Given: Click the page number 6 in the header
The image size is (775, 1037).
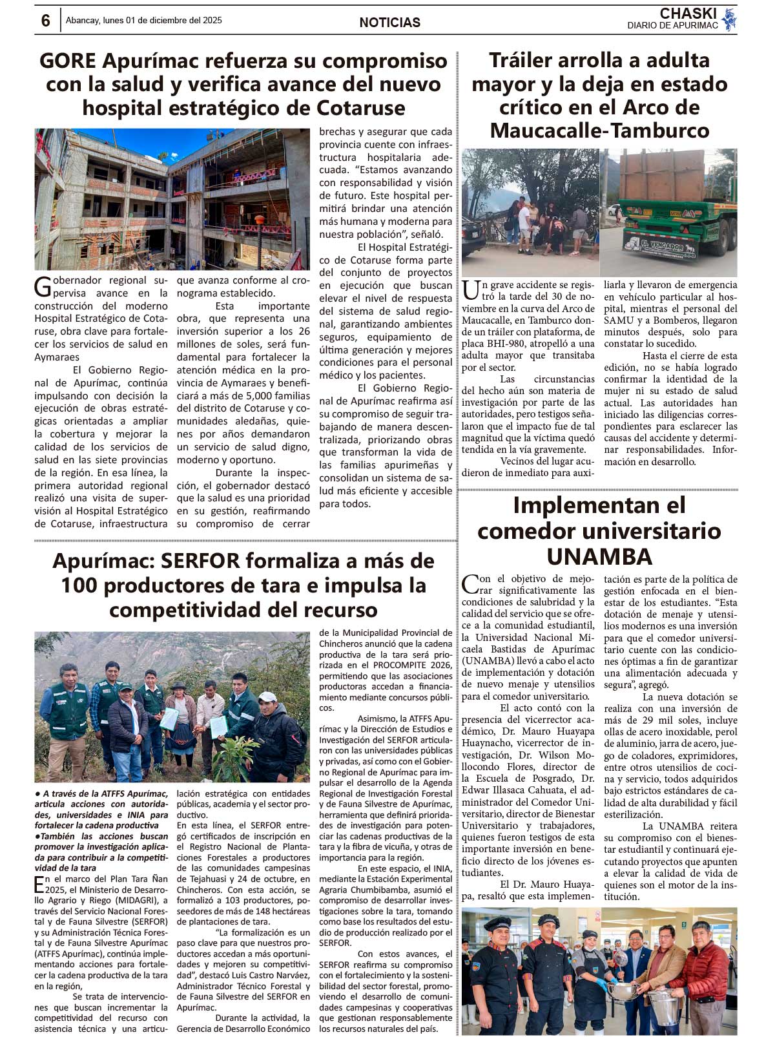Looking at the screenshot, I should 45,21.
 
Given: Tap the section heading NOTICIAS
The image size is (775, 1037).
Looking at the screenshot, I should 389,23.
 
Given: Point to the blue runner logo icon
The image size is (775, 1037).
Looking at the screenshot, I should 729,20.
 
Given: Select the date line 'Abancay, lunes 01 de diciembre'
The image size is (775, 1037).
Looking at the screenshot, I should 143,21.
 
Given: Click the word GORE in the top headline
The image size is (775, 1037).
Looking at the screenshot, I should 67,61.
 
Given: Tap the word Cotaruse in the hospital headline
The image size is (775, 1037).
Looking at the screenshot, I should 351,108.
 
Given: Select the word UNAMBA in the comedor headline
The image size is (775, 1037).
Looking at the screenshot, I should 599,557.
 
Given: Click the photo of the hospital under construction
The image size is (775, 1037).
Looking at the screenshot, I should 172,199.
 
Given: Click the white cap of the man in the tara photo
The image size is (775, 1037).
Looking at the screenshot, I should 267,697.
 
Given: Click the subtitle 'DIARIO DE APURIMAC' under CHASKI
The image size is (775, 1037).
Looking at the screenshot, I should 672,26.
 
